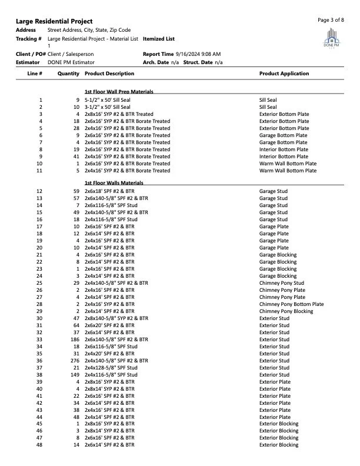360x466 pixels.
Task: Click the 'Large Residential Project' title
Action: pos(54,21)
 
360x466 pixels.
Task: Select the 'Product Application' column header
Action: pos(284,74)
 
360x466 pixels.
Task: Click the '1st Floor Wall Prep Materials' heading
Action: pos(119,92)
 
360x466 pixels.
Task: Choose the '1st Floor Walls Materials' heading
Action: pos(114,184)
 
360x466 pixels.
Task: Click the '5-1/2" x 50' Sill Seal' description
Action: pos(108,101)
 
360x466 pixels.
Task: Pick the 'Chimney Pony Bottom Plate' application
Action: pos(291,304)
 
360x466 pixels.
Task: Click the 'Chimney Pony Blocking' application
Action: pos(286,311)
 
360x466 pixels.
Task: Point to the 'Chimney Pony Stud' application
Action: pos(282,283)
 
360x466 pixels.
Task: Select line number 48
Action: pos(39,445)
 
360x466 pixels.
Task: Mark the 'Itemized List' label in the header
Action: pos(159,39)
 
